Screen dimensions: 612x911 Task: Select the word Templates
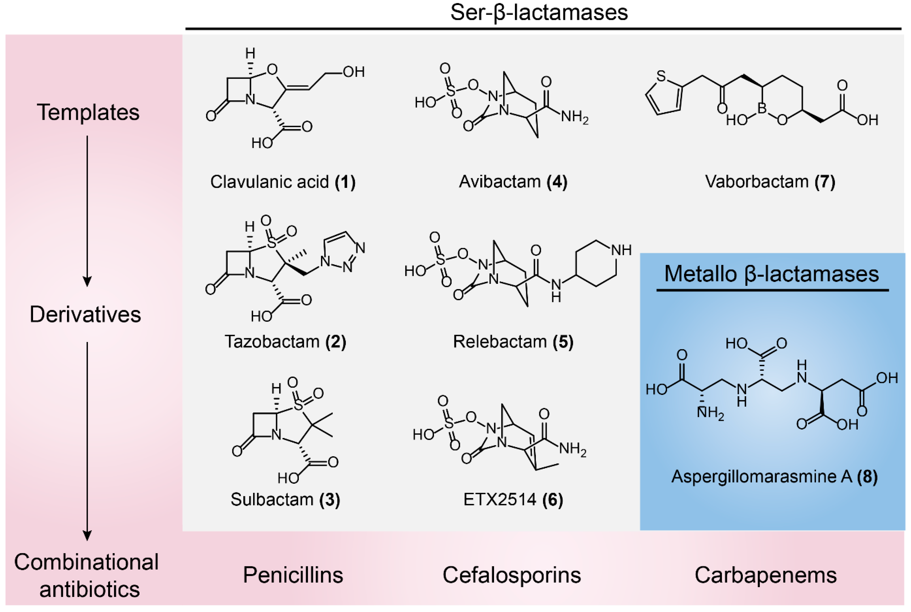88,112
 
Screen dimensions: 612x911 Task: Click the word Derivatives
85,314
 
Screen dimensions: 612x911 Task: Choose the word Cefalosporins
511,575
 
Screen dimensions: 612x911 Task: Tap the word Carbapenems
766,575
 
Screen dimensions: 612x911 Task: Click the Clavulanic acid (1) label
283,182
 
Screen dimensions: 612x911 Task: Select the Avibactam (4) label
513,182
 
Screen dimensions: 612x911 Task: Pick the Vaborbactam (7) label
770,182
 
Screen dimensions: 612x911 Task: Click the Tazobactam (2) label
285,342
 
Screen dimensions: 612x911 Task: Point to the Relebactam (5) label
513,342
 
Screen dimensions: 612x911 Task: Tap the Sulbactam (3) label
285,500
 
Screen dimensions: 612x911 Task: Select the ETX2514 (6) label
513,500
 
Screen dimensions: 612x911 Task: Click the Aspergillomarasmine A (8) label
774,477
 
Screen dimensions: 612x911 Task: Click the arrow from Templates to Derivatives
87,211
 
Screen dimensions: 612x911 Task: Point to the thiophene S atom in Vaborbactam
661,76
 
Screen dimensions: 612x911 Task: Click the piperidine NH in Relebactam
621,250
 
